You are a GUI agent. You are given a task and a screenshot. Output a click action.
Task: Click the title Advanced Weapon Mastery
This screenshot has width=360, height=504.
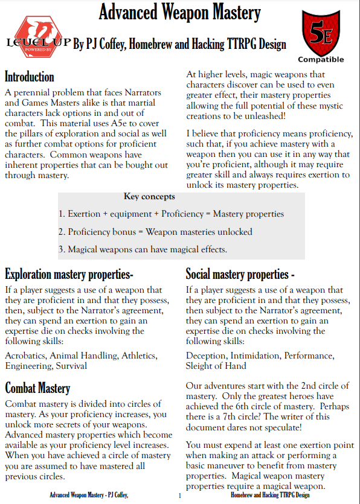tap(179, 12)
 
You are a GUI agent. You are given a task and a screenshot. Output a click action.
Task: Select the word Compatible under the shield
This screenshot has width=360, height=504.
tap(321, 60)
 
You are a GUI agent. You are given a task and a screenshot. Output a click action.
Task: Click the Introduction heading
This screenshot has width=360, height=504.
tap(30, 77)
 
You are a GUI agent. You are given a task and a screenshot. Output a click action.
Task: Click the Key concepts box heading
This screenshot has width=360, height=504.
tap(149, 197)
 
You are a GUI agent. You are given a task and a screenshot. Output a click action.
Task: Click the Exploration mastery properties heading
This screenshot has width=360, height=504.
tap(69, 275)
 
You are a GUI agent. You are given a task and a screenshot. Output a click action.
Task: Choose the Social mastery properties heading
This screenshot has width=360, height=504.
tap(240, 275)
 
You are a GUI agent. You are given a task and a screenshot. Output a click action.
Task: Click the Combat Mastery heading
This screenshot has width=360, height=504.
tap(37, 388)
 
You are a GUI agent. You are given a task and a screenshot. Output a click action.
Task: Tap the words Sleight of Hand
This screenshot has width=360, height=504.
tap(216, 366)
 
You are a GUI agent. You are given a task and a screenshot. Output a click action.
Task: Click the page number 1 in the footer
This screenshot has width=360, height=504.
tap(179, 496)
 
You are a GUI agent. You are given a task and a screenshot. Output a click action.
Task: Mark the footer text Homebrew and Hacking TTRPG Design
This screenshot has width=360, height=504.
tap(270, 496)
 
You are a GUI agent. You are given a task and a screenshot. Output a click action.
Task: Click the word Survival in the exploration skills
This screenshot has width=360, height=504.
tap(71, 366)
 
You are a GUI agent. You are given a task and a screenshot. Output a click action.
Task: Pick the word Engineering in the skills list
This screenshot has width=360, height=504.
tap(28, 366)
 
